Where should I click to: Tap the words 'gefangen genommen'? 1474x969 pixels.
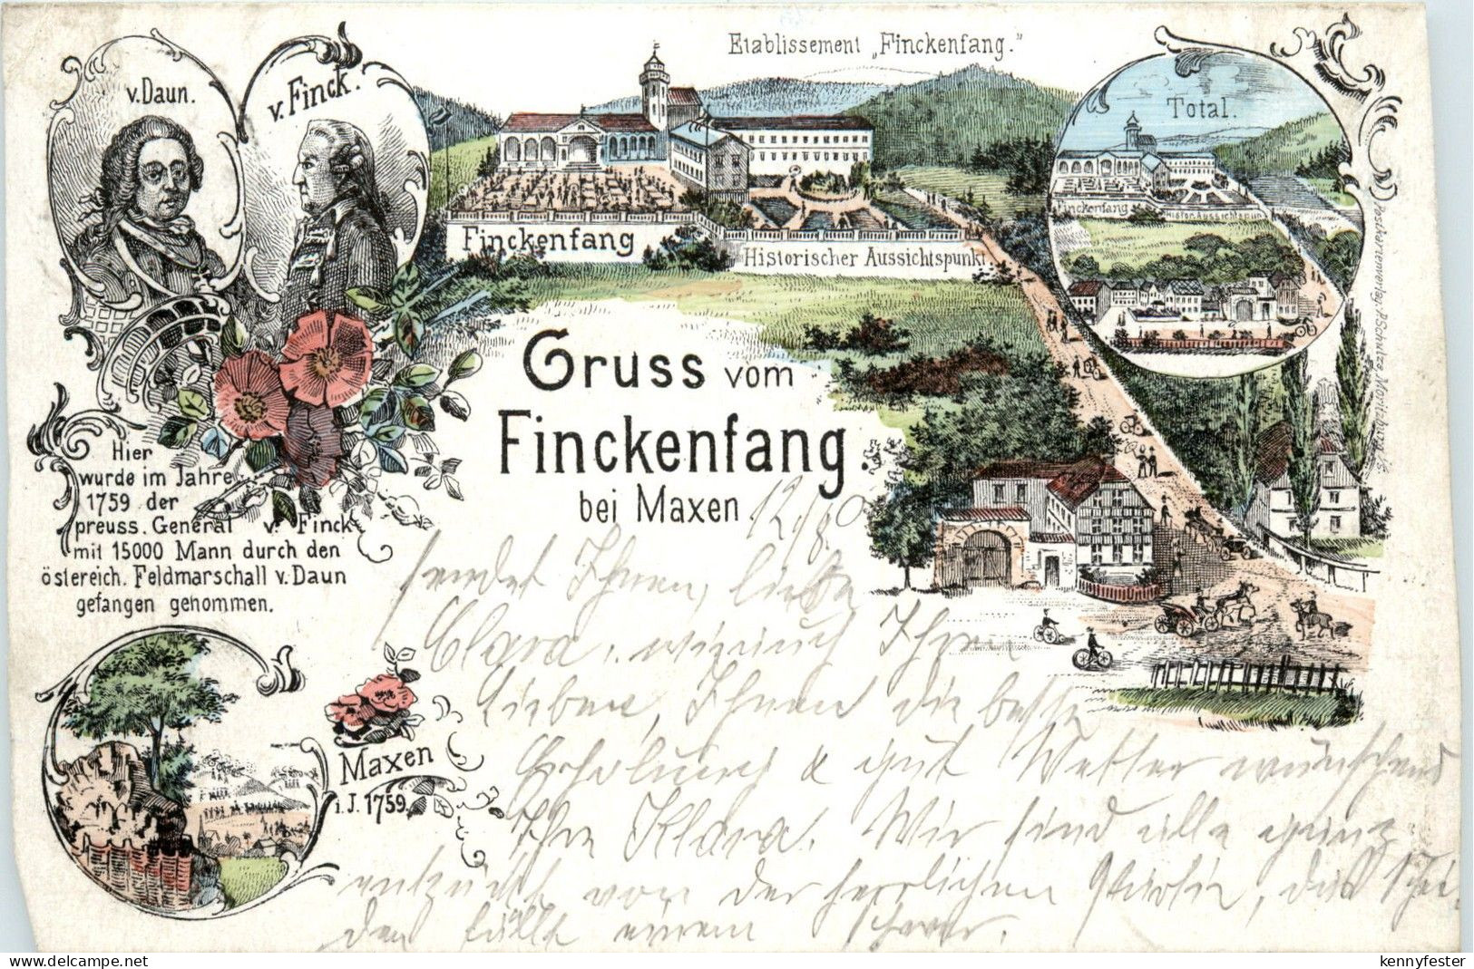tap(195, 606)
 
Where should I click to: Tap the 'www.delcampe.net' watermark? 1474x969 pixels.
tap(65, 959)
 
